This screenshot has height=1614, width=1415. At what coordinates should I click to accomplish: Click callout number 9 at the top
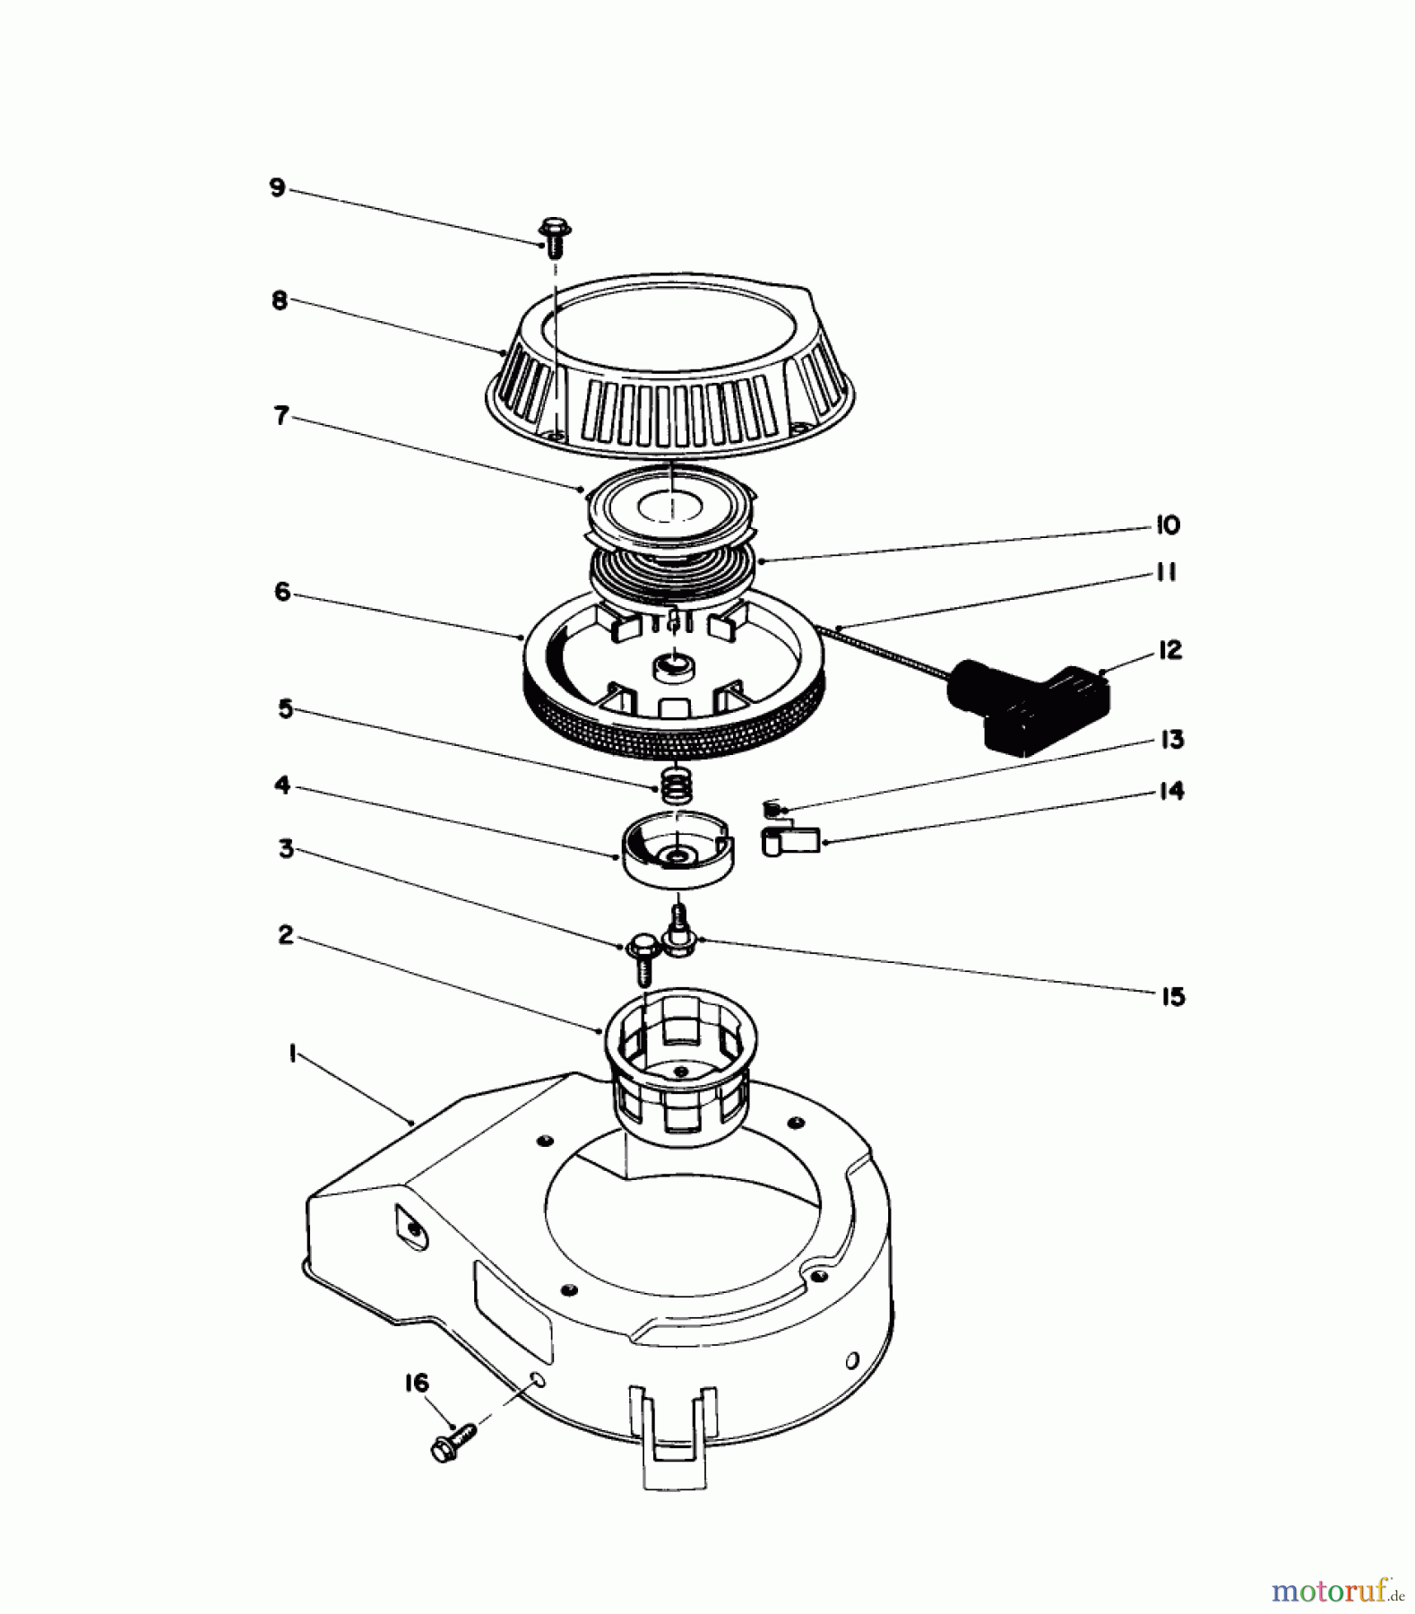coord(277,189)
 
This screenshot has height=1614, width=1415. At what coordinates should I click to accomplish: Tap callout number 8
coord(280,300)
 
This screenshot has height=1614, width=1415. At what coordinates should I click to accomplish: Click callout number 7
coord(281,416)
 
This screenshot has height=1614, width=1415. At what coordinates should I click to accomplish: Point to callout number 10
coord(1167,525)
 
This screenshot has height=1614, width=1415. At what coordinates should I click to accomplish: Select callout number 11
coord(1165,572)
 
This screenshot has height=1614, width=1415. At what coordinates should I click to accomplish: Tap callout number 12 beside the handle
coord(1169,650)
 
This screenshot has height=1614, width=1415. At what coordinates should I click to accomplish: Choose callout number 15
coord(1172,996)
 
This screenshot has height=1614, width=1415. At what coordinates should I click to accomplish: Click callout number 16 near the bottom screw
coord(417,1383)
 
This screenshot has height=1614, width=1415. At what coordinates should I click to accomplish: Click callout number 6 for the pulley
coord(282,592)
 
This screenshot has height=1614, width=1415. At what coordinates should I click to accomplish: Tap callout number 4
coord(282,785)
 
